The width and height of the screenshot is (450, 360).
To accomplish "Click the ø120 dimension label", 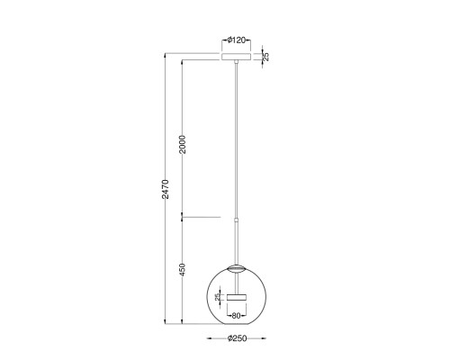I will pos(238,40).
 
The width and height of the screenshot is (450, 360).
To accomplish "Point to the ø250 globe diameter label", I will pos(238,338).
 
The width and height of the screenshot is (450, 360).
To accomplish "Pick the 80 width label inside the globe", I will pos(237,316).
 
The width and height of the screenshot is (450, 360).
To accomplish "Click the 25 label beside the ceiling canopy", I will pos(265,57).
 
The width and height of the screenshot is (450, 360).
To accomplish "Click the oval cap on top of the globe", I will pos(238,267).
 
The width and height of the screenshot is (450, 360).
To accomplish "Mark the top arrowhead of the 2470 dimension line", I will pos(166,54).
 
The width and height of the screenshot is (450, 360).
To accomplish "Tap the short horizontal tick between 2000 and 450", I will pos(202,217).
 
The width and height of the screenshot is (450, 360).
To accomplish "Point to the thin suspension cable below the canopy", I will pos(238,135).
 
